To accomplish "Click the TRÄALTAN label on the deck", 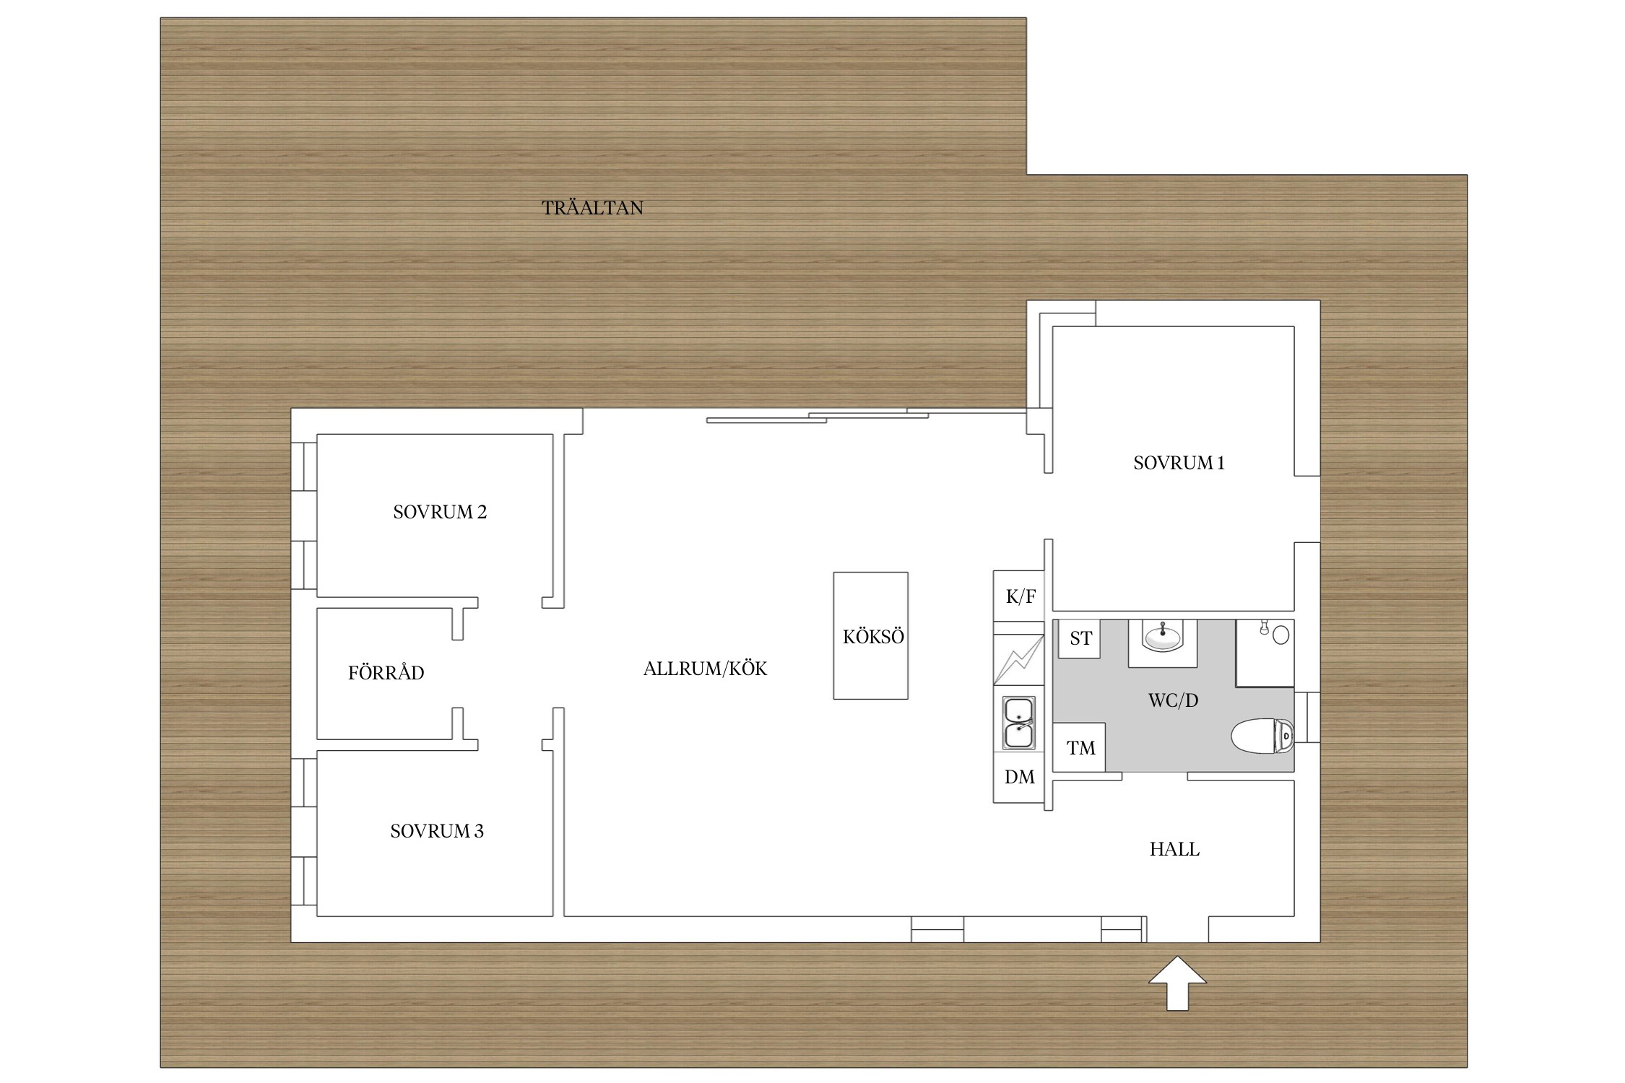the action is (x=592, y=208).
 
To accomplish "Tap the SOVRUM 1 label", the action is (x=1179, y=463).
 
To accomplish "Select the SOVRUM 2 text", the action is (x=440, y=512).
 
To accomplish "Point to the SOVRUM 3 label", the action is (x=437, y=831).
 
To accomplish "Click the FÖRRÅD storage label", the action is (x=386, y=672).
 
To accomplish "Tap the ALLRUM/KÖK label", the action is (x=705, y=669).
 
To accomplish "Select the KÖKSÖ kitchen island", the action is (x=870, y=635).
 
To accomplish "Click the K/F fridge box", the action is (x=1019, y=596).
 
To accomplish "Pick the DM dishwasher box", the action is (x=1019, y=777).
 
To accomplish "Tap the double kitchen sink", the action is (x=1018, y=722).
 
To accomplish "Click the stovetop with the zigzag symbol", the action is (x=1019, y=659).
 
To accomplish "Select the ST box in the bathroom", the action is (x=1080, y=638).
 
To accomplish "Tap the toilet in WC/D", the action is (x=1262, y=736).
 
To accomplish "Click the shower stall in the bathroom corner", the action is (x=1265, y=653).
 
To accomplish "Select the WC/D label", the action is (x=1173, y=700).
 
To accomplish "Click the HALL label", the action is (x=1174, y=849).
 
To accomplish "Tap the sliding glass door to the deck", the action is (x=867, y=416).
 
